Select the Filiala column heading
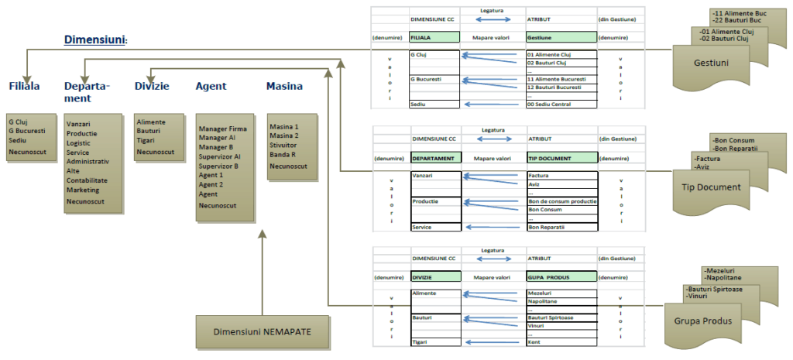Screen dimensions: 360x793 24,86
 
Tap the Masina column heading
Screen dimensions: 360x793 284,86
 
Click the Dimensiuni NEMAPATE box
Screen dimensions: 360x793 263,331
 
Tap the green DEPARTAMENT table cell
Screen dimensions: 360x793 434,157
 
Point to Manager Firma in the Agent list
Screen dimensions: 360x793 222,129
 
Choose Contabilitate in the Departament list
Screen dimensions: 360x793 88,180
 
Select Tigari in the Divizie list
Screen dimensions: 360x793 145,142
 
